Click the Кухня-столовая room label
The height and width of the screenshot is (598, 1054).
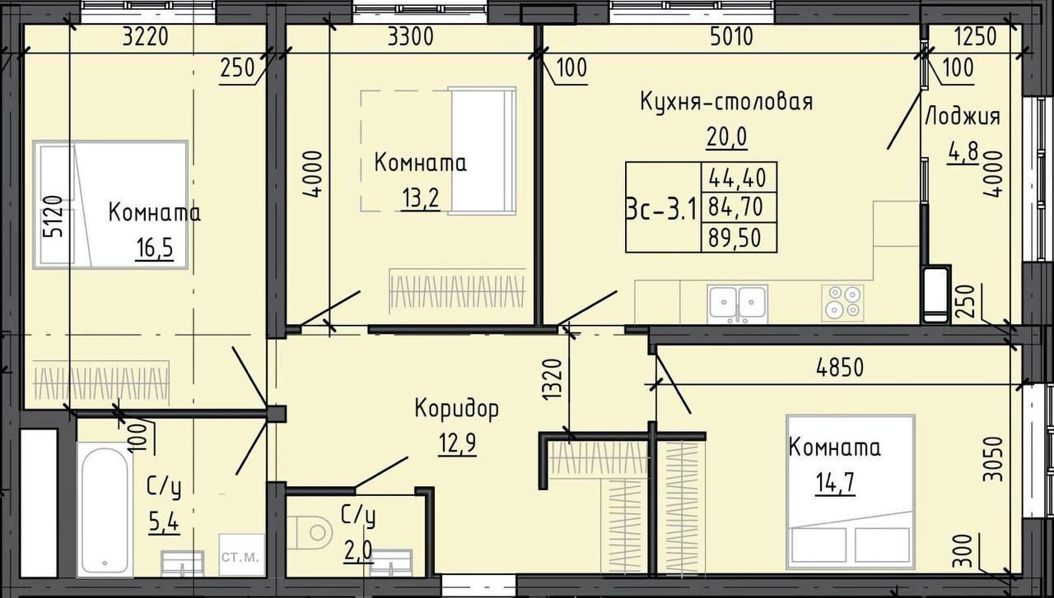(x=726, y=102)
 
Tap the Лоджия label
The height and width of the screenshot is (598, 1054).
(x=962, y=116)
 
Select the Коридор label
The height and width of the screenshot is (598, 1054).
(x=456, y=408)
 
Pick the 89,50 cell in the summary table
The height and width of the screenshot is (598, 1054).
(x=739, y=238)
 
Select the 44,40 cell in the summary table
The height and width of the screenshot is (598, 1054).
(x=739, y=176)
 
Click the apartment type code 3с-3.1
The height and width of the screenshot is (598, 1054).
(x=661, y=208)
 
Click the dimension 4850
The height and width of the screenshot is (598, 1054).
(x=839, y=368)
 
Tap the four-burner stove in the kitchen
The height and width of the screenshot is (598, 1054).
(x=842, y=302)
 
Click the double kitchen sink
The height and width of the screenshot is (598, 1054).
(x=738, y=303)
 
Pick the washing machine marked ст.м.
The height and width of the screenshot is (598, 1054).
(x=240, y=557)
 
